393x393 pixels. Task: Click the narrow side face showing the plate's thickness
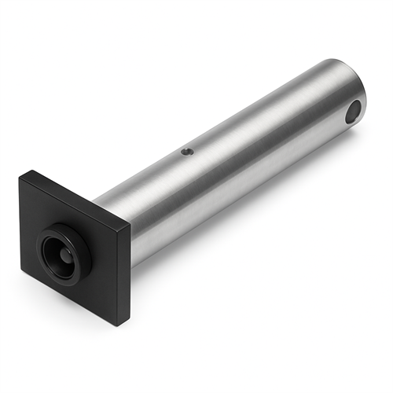(124, 275)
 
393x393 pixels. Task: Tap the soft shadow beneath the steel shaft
(236, 236)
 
